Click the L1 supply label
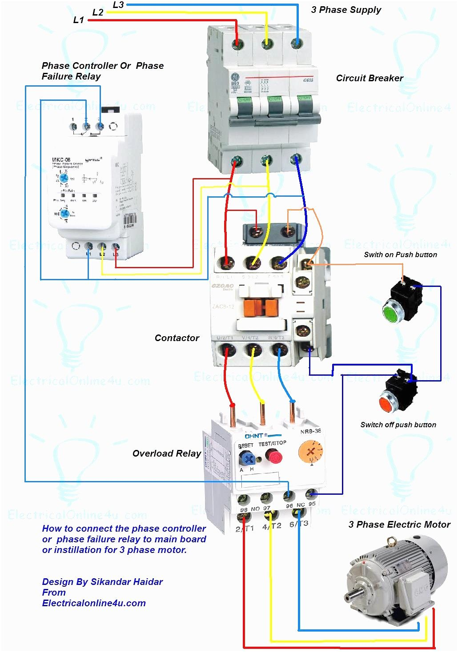(x=78, y=20)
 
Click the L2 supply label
(x=98, y=12)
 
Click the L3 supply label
(x=118, y=5)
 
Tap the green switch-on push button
(x=392, y=312)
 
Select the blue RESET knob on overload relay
(x=246, y=458)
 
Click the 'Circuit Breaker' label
(x=370, y=78)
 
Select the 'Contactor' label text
(x=177, y=338)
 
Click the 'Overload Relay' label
(x=167, y=453)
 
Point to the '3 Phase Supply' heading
(x=346, y=10)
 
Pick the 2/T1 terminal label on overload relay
(x=245, y=528)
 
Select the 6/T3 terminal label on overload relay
(x=298, y=524)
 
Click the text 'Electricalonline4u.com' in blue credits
(x=94, y=603)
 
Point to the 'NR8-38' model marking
(x=310, y=431)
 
